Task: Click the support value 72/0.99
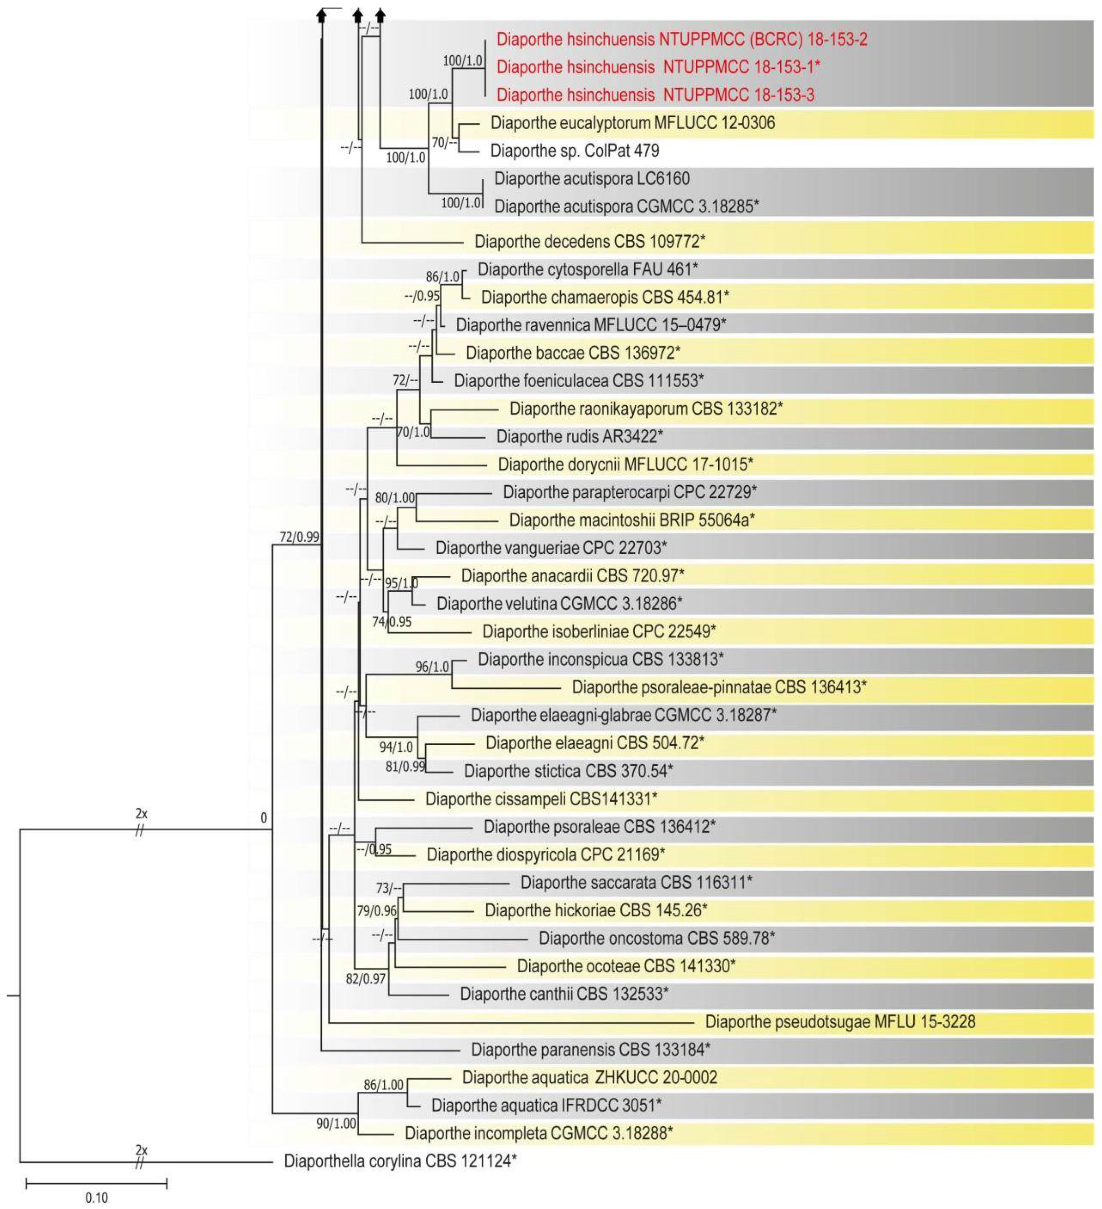click(299, 537)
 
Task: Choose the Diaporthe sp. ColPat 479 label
click(574, 151)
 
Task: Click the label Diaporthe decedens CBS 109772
click(590, 242)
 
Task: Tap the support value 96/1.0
click(432, 666)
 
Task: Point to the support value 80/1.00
click(395, 497)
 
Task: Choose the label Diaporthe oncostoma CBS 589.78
click(656, 938)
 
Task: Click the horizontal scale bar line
click(97, 1183)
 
